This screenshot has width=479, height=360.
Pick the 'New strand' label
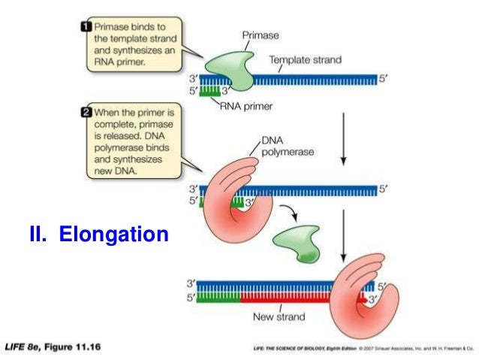[279, 317]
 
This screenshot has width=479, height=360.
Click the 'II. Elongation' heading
[96, 235]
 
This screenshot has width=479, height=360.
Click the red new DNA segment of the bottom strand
[300, 298]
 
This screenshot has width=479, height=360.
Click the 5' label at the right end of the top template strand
[384, 78]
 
